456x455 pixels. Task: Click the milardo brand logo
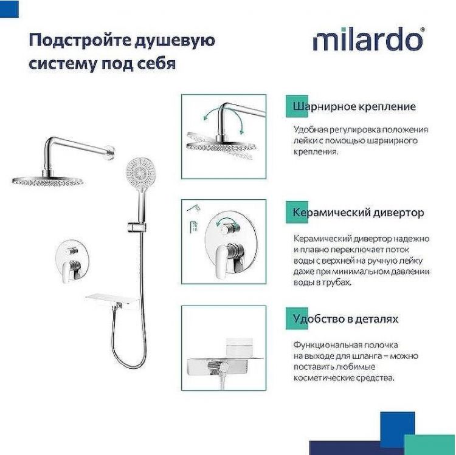(x=368, y=40)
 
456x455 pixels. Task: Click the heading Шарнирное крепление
(x=354, y=106)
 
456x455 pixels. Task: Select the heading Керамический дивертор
(x=358, y=213)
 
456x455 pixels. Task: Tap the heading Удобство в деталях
(x=346, y=318)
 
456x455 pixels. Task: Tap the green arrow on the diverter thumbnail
(x=226, y=223)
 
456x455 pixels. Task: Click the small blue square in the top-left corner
(x=9, y=9)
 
